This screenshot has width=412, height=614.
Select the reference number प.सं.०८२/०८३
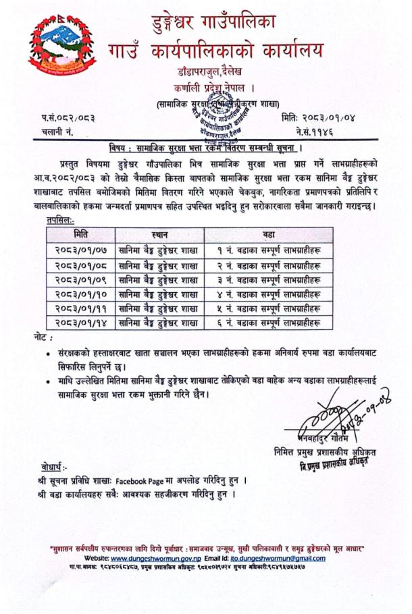pos(66,119)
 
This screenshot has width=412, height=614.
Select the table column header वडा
pos(269,234)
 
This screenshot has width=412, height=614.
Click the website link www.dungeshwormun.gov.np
pos(160,558)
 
